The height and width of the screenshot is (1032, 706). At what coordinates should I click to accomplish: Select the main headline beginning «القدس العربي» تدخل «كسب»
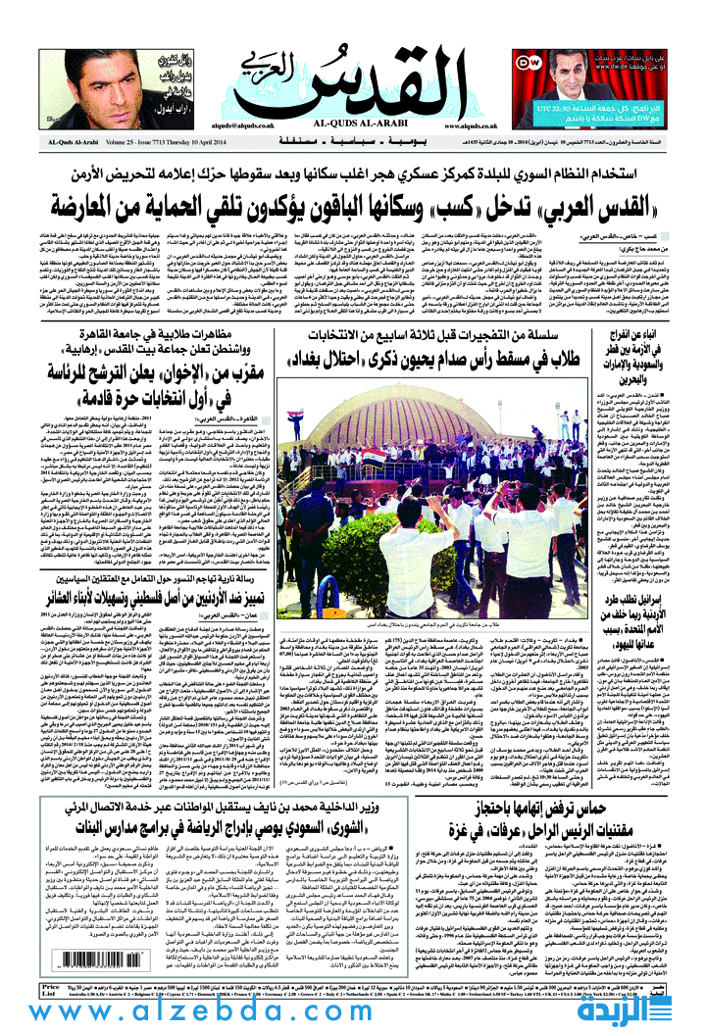click(353, 205)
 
